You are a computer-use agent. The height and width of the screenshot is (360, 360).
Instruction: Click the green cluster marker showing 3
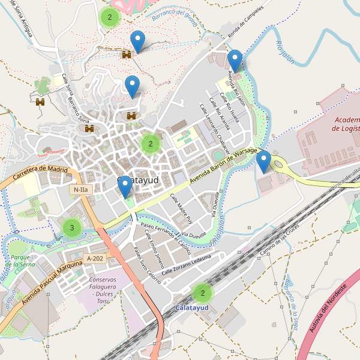72,227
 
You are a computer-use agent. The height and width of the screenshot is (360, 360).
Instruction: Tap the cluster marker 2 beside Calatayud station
203,293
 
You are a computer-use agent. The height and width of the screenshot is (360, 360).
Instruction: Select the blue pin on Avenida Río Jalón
235,61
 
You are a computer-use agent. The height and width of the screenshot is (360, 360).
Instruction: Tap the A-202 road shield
95,259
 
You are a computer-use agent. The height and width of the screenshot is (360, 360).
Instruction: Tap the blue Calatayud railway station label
191,308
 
